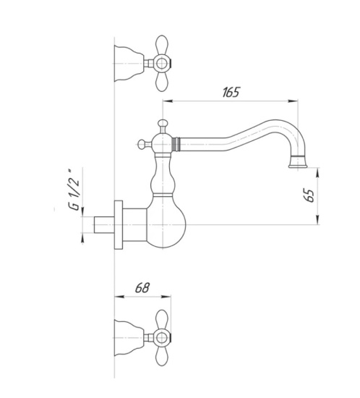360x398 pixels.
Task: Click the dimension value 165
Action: tap(231, 92)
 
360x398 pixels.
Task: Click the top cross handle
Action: tap(159, 64)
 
